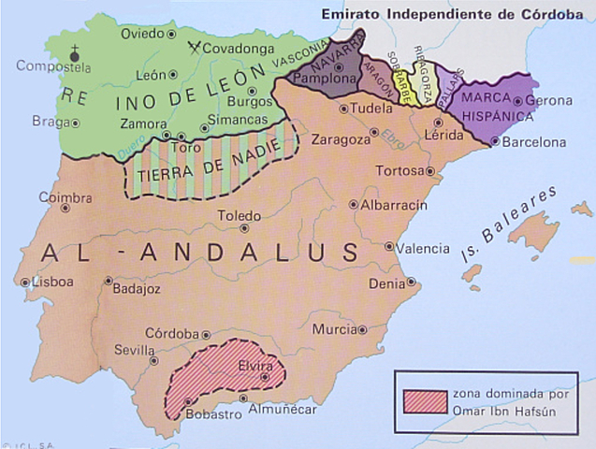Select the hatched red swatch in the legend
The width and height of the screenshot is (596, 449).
point(423,399)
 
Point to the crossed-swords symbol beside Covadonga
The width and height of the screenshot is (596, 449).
point(195,47)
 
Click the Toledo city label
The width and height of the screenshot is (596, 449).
point(240,215)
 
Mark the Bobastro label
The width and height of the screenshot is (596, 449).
point(208,413)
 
